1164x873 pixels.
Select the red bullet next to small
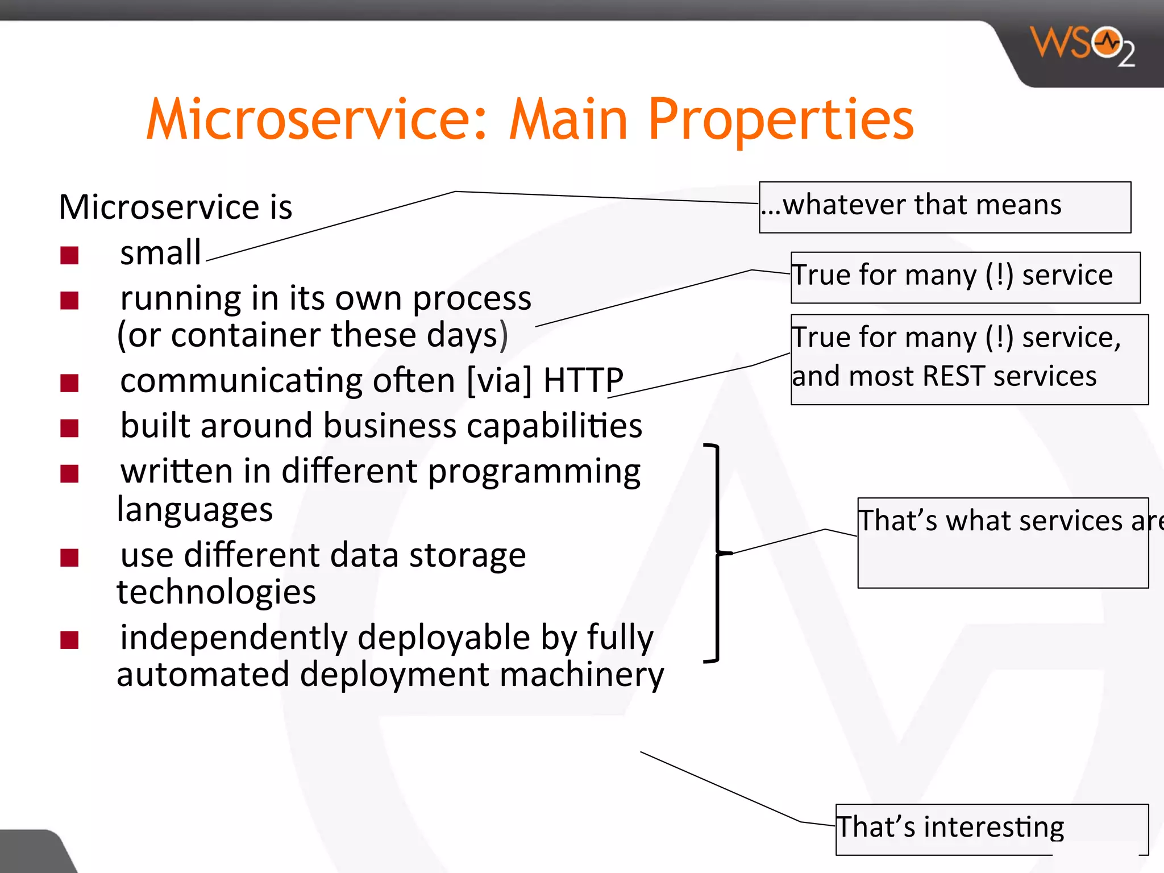click(x=69, y=256)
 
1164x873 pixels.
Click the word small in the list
click(x=160, y=253)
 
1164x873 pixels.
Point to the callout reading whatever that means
click(x=944, y=207)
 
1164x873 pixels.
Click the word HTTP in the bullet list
click(x=583, y=380)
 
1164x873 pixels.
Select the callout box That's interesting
click(x=991, y=829)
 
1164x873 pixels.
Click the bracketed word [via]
click(x=499, y=380)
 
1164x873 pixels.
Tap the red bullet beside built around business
click(x=69, y=428)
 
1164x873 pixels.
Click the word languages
click(x=195, y=509)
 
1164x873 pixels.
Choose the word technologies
click(x=216, y=592)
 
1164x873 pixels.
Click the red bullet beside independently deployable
click(x=69, y=641)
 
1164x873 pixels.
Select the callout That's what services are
click(x=1003, y=542)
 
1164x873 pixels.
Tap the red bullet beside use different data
click(x=69, y=558)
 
